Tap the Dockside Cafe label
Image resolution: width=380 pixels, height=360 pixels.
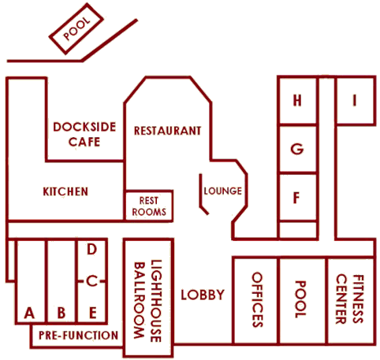click(84, 134)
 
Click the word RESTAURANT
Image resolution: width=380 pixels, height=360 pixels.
click(168, 131)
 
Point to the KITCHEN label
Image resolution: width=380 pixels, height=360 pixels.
click(65, 191)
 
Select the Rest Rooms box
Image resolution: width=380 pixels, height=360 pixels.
click(149, 206)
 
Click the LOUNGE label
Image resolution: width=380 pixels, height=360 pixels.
click(223, 191)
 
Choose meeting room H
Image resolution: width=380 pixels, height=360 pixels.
click(298, 100)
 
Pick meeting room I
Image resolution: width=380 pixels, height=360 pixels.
click(355, 100)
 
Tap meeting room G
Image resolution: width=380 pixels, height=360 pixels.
click(298, 149)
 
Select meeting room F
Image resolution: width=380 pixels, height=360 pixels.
click(298, 197)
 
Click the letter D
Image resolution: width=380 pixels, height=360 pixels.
click(91, 249)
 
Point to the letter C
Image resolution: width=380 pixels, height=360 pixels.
click(91, 281)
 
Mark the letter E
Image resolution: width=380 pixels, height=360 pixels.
click(93, 313)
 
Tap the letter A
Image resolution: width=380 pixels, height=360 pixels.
click(29, 313)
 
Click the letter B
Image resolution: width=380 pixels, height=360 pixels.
click(61, 313)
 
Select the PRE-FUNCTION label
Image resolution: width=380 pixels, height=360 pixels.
click(78, 336)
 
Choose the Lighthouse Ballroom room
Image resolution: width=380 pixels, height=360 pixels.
click(148, 298)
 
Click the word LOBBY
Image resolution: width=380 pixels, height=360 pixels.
click(203, 295)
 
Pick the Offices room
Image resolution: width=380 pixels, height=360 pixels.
click(255, 300)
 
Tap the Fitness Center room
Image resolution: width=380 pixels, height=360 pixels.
click(350, 300)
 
